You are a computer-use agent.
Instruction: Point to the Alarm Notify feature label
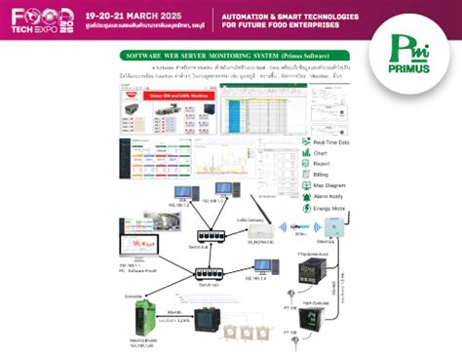329,196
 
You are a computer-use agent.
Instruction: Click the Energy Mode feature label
330,207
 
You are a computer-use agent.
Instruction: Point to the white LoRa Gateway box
258,230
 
